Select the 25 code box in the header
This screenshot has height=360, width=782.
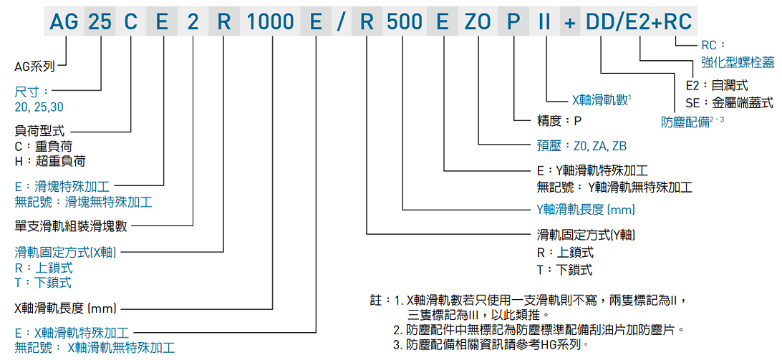(x=100, y=22)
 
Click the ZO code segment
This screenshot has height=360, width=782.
(x=478, y=22)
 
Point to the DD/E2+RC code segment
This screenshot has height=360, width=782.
(x=639, y=22)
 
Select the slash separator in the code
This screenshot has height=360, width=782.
(x=339, y=22)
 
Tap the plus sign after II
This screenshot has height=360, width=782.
(x=570, y=22)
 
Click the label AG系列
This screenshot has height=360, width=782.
(x=34, y=67)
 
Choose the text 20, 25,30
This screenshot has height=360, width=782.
(x=38, y=107)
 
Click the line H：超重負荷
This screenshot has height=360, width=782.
(x=45, y=161)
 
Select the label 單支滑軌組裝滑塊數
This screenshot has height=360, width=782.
(x=71, y=226)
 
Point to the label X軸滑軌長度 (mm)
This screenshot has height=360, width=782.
(x=65, y=308)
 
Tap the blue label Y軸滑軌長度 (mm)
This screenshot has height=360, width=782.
(x=586, y=210)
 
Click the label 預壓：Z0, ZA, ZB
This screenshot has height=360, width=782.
(x=581, y=145)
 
